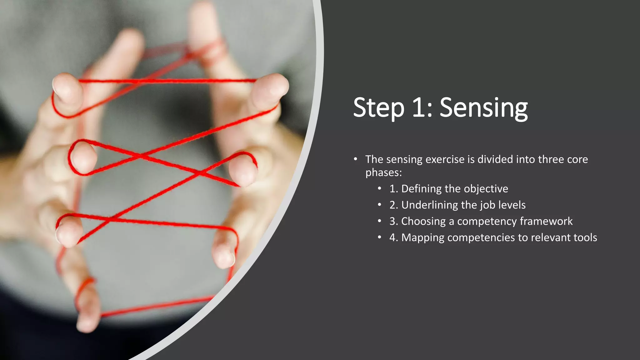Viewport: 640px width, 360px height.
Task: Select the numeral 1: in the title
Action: click(x=422, y=108)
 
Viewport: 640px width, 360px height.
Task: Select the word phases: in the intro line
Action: click(x=383, y=172)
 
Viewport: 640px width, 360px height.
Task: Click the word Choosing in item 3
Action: click(x=423, y=221)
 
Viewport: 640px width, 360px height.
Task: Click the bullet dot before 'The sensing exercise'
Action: click(x=355, y=159)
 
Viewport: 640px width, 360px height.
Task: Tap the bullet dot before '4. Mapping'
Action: click(x=379, y=237)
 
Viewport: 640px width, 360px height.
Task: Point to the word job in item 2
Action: click(x=487, y=205)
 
